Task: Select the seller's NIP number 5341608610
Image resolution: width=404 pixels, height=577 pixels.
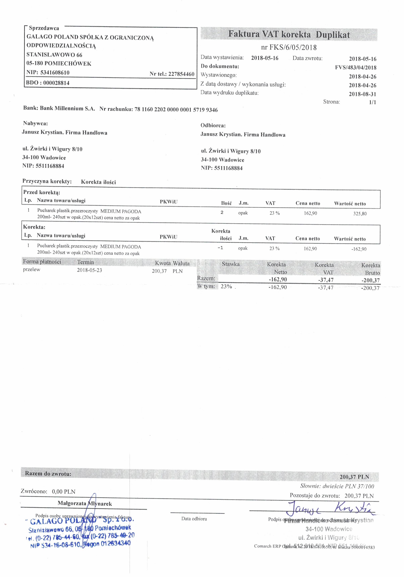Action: [x=55, y=73]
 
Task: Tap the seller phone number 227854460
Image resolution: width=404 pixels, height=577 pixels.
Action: [x=181, y=74]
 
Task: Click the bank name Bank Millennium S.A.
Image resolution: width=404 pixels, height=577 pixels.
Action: [x=67, y=109]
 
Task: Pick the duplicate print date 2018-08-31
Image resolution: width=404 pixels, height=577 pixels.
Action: [x=362, y=94]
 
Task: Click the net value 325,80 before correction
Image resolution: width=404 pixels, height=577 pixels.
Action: [x=360, y=214]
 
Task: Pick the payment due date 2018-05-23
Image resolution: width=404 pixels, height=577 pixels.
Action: [x=89, y=270]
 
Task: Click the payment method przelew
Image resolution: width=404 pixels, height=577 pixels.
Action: [x=32, y=270]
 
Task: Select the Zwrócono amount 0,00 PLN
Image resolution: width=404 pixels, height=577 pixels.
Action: [x=64, y=492]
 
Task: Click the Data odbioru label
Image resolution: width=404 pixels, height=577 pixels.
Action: [x=194, y=519]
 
